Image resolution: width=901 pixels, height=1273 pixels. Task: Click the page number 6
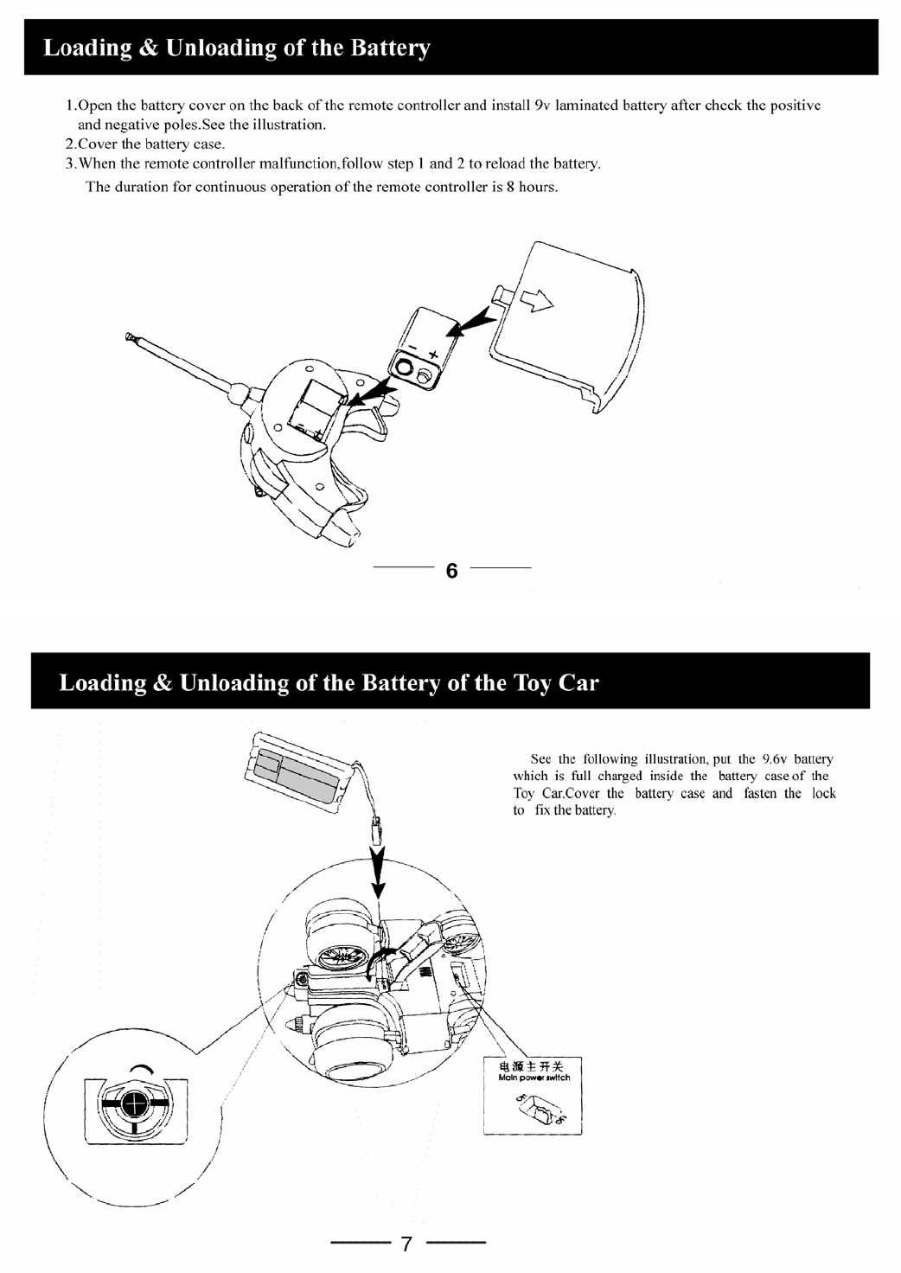(451, 571)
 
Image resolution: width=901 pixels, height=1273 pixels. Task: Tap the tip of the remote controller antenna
(131, 336)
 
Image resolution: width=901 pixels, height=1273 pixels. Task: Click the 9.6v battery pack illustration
(294, 770)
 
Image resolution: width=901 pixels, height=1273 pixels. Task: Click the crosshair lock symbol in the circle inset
(132, 1104)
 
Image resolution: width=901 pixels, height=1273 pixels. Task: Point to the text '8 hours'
(530, 187)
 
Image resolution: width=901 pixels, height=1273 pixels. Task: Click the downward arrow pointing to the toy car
(378, 875)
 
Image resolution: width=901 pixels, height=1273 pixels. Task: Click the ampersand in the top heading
(138, 48)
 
